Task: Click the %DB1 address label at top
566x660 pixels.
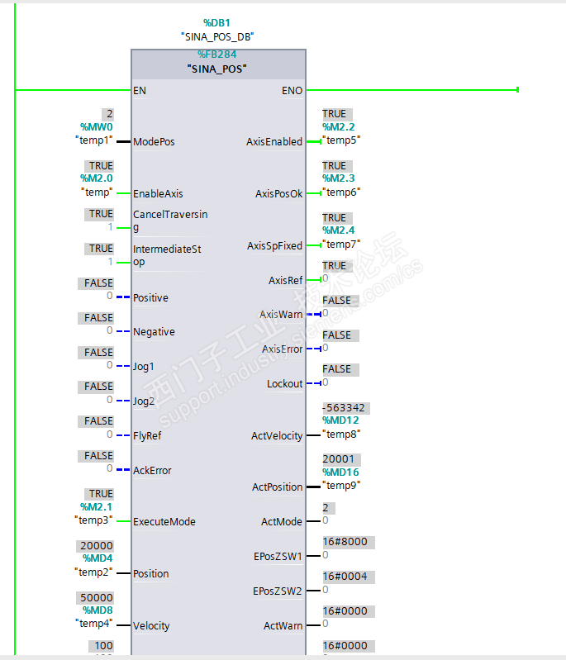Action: point(218,22)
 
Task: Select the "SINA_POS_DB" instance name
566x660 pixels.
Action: point(217,36)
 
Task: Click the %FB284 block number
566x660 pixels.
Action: point(217,55)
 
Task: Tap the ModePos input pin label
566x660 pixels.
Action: point(154,141)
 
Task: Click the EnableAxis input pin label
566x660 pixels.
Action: point(158,193)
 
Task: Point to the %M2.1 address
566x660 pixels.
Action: point(96,506)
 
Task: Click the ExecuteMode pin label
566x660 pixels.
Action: point(164,521)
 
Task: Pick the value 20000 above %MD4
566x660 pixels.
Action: point(96,546)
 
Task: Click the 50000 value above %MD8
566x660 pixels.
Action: point(96,598)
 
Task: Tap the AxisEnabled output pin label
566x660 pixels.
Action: point(274,141)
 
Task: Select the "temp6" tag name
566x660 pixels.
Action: point(340,192)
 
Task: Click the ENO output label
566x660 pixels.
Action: point(293,90)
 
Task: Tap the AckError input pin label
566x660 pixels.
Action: point(152,470)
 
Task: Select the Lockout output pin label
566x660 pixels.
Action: point(284,383)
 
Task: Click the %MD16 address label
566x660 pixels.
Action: point(341,472)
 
